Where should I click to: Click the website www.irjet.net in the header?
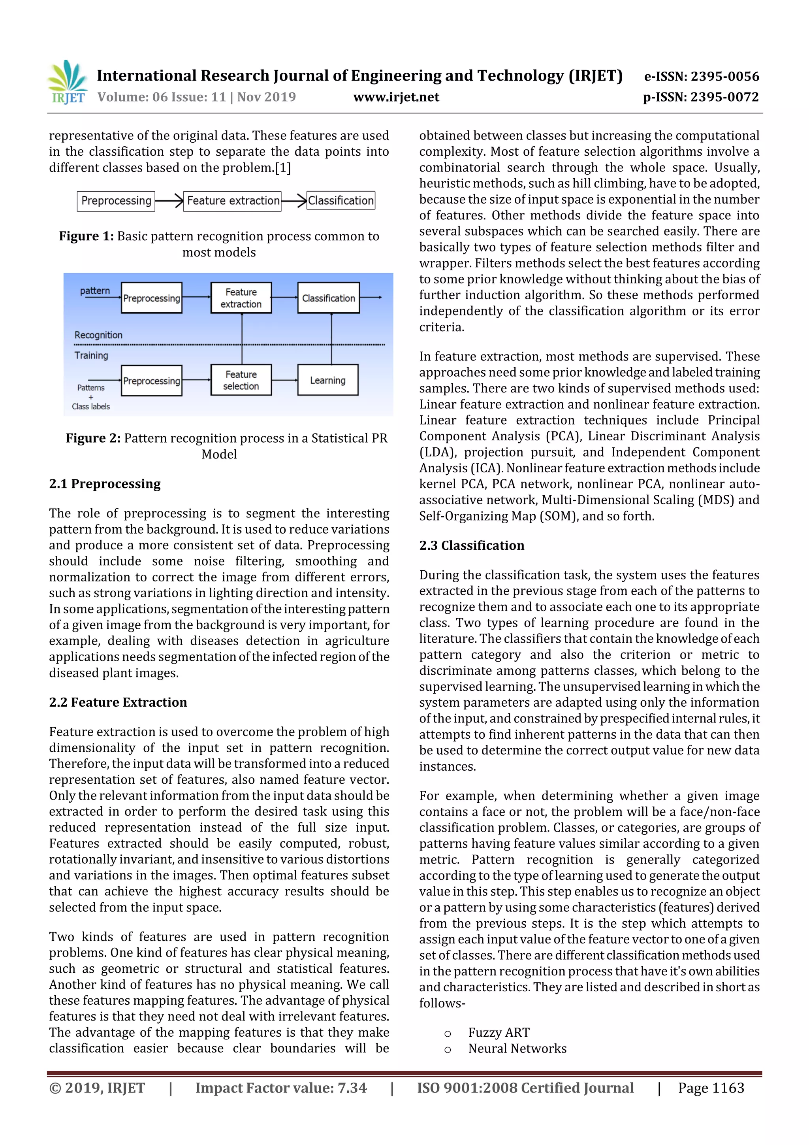point(396,97)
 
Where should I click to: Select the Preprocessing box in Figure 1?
point(116,201)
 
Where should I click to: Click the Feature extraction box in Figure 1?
point(232,201)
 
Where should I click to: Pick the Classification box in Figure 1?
point(341,200)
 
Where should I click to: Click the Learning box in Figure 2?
point(327,381)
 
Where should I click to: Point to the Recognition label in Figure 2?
point(98,335)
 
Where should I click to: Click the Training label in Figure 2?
point(91,356)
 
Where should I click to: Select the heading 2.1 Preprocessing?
point(105,484)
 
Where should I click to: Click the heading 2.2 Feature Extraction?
point(118,702)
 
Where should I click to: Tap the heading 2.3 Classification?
point(472,545)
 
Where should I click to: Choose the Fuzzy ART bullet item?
point(499,1033)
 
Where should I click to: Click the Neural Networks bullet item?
point(517,1049)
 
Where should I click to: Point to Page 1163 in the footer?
point(711,1088)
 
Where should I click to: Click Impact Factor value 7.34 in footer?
point(280,1088)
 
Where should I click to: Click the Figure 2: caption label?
point(93,438)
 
